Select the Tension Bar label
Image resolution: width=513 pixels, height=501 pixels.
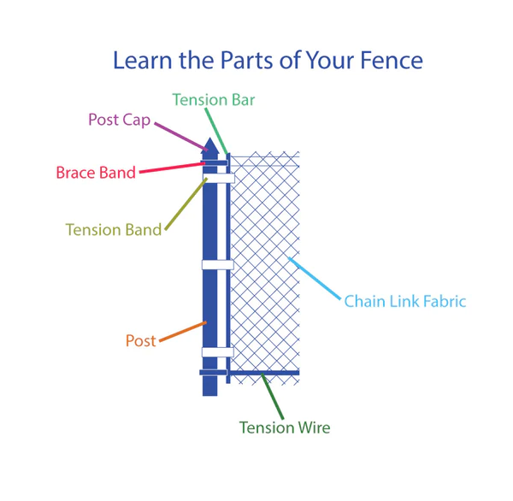pos(214,100)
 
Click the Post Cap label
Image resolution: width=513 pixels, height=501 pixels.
pos(120,120)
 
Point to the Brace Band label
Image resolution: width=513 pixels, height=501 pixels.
pos(96,173)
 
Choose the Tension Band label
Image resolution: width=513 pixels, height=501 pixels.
pos(114,229)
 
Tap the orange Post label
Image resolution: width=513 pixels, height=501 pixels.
pos(141,341)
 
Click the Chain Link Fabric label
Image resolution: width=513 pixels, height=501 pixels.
pos(404,301)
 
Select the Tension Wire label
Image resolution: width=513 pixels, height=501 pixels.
pos(285,427)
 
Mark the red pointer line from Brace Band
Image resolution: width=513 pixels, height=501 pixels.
pos(171,168)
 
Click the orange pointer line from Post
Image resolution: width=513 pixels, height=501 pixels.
pos(182,332)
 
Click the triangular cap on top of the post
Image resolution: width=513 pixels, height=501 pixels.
pos(209,146)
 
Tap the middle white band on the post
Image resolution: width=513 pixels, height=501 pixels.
pos(217,265)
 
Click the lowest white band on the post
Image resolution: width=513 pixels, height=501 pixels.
pos(217,352)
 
